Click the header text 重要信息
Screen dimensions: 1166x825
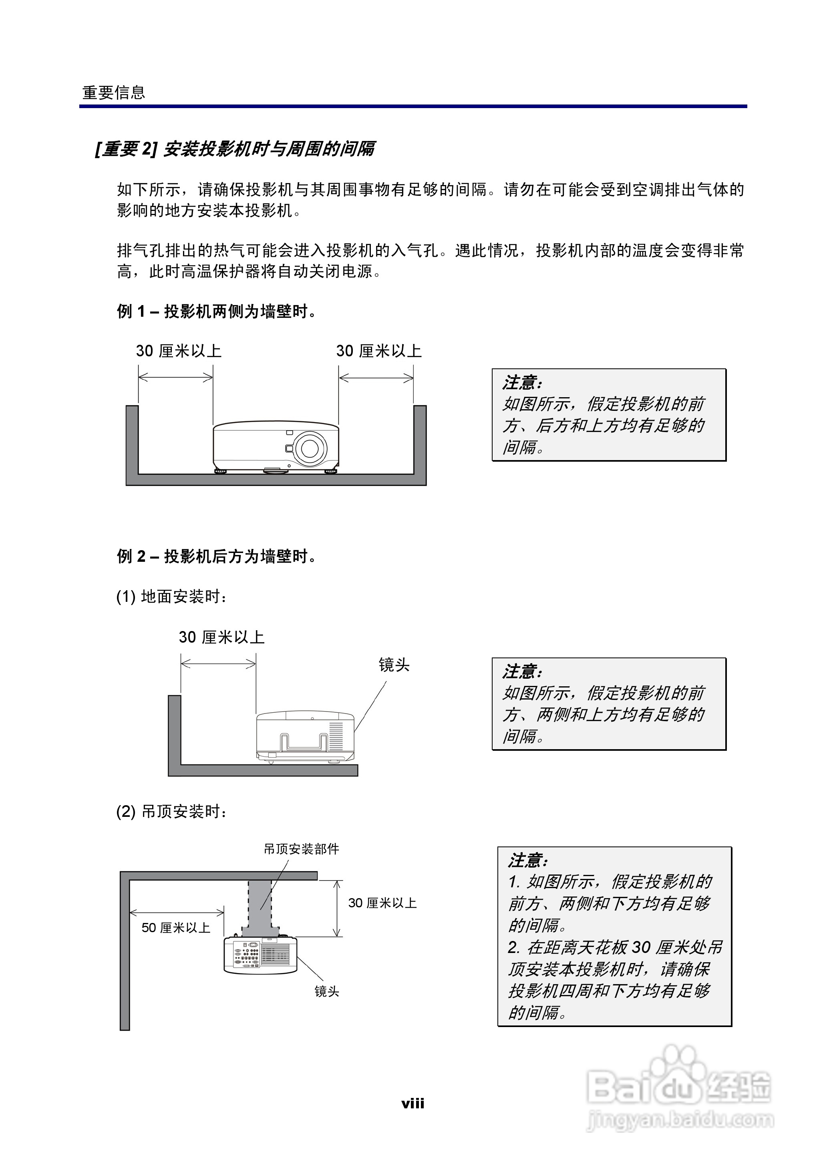click(x=114, y=93)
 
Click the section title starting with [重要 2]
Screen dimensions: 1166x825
click(x=235, y=149)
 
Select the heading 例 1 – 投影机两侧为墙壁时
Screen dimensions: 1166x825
click(x=217, y=311)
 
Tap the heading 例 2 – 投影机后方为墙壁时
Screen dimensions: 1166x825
click(x=217, y=557)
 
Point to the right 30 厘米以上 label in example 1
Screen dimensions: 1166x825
click(x=378, y=351)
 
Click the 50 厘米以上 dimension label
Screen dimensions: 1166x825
click(x=176, y=928)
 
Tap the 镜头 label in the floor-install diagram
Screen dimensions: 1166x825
click(x=394, y=665)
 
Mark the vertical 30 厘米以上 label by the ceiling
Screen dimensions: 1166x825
click(x=382, y=903)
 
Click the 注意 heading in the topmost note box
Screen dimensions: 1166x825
click(x=522, y=382)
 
